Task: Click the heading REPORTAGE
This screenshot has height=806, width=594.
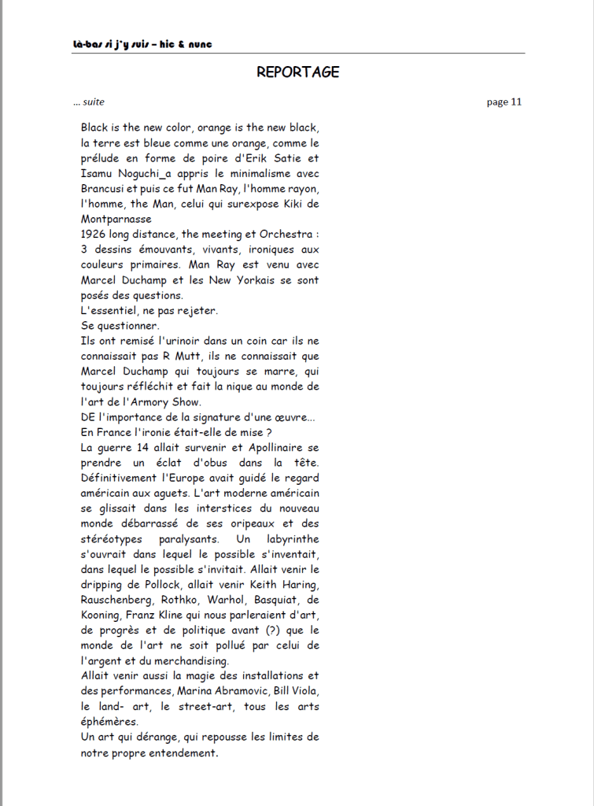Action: [x=297, y=72]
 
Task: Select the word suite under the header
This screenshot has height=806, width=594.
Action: [x=94, y=102]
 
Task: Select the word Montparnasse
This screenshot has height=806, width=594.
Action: [x=116, y=220]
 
